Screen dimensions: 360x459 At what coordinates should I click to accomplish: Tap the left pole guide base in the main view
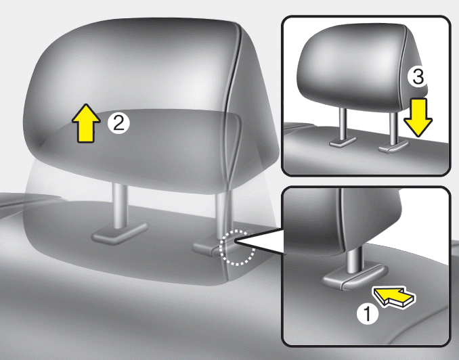(x=119, y=232)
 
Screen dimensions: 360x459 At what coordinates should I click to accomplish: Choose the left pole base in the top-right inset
(x=342, y=141)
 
